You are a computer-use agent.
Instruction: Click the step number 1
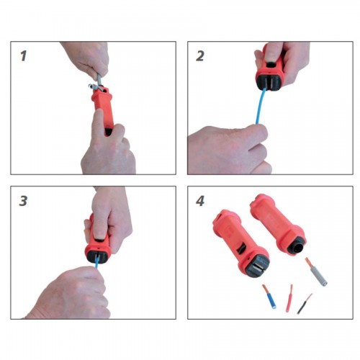coord(23,55)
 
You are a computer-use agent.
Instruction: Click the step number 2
coord(200,55)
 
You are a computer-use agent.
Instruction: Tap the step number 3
coord(23,201)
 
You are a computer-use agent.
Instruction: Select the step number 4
coord(200,201)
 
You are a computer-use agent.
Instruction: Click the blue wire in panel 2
coord(261,106)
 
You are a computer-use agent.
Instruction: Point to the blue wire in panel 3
coord(97,261)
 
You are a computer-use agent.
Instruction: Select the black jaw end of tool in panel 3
coord(98,256)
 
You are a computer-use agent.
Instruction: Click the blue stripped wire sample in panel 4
coord(269,296)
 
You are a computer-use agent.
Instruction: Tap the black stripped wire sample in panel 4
coord(305,304)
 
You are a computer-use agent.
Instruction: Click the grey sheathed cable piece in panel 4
coord(316,272)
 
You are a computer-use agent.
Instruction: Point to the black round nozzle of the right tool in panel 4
coord(297,247)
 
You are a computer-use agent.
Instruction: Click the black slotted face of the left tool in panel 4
coord(257,266)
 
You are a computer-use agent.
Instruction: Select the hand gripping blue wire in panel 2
coord(228,150)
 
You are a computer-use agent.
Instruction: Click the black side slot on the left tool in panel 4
coord(241,248)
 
